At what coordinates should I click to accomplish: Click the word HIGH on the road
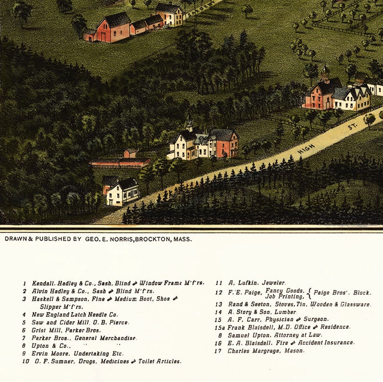click(306, 149)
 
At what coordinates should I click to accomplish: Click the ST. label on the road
click(352, 127)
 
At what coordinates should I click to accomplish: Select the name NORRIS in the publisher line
click(119, 239)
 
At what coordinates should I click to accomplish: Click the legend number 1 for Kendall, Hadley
click(24, 283)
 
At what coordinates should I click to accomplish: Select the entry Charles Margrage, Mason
click(266, 351)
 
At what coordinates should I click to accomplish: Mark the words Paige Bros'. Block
click(342, 293)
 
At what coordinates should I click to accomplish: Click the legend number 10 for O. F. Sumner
click(25, 361)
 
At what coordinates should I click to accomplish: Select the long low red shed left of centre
click(120, 164)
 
